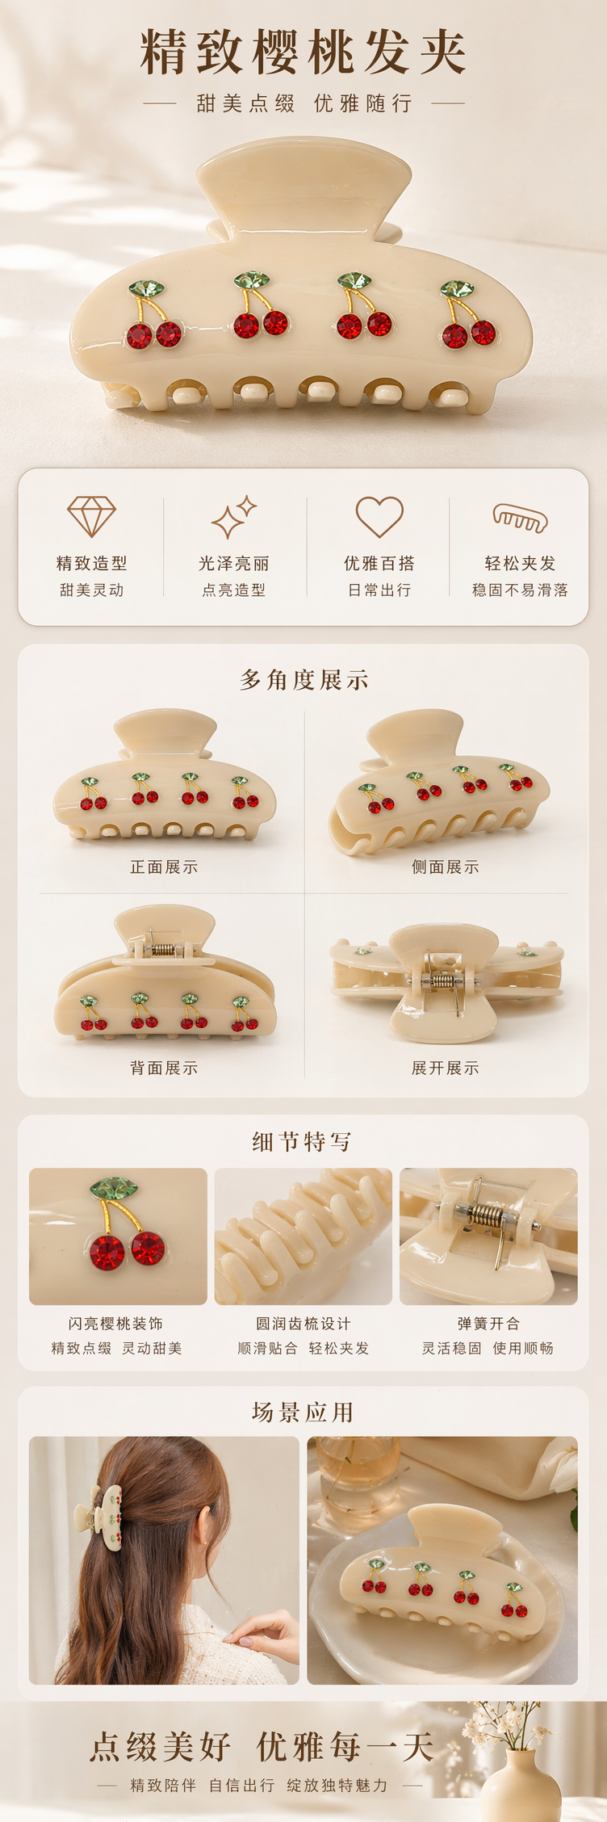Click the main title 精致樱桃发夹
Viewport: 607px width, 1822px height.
coord(303,52)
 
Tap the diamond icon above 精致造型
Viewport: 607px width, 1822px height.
coord(91,516)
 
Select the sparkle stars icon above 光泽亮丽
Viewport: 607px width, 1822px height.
coord(234,517)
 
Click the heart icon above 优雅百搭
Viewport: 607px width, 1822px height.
coord(379,517)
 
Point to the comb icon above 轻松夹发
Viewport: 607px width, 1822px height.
coord(520,518)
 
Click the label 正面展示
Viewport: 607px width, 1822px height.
coord(164,867)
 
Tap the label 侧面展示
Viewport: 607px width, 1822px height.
coord(446,867)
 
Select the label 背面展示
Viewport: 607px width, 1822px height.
coord(164,1068)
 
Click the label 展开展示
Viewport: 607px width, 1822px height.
coord(446,1068)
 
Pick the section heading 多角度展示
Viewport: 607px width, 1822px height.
coord(303,680)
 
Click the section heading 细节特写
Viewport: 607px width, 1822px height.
coord(302,1141)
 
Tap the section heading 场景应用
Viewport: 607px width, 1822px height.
coord(303,1412)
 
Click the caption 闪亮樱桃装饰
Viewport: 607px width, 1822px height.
coord(115,1323)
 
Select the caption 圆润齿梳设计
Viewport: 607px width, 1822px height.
coord(303,1323)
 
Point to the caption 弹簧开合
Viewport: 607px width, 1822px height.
coord(488,1323)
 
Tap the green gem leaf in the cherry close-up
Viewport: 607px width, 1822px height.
coord(114,1188)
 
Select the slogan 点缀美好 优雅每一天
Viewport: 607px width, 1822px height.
coord(262,1747)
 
